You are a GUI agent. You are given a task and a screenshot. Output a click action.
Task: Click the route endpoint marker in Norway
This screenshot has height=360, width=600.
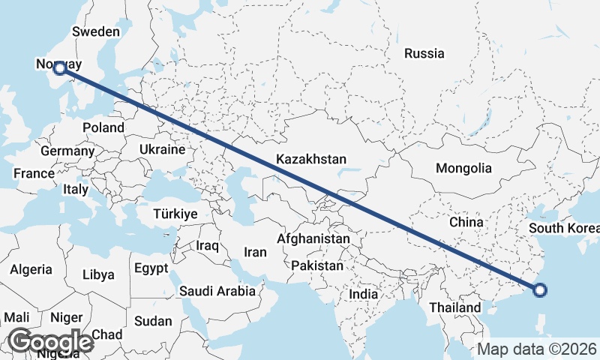point(59,69)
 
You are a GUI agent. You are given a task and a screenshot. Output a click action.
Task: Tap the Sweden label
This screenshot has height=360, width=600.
point(95,31)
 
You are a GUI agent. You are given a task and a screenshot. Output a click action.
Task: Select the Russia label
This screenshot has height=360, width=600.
point(424,53)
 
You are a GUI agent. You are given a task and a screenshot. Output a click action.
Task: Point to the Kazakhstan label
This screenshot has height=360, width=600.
point(311,159)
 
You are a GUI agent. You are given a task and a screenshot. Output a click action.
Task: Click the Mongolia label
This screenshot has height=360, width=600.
point(463,168)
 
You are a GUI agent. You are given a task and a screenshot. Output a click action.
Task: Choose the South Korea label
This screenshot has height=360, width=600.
point(563,228)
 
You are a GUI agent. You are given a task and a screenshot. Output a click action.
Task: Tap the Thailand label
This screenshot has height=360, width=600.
point(454,307)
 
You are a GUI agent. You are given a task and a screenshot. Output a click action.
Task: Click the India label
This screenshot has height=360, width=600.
point(364,295)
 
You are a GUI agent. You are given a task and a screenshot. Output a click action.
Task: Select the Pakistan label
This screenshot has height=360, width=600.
point(317,265)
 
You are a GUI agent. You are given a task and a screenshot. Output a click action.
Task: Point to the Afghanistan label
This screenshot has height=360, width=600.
point(313,238)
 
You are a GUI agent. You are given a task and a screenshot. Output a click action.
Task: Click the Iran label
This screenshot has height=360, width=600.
point(256,252)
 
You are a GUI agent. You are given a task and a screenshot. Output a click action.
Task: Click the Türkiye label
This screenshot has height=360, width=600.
point(175,214)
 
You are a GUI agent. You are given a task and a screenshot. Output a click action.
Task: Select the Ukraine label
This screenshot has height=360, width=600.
point(161,150)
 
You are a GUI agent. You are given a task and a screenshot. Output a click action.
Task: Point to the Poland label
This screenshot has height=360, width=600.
point(103,127)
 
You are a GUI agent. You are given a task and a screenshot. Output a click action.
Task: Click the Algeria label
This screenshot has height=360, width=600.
point(31,269)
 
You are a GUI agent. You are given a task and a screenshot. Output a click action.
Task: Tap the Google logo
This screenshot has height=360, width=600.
point(50,342)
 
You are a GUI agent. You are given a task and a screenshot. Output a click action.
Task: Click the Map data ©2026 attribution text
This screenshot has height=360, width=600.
point(536,349)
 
